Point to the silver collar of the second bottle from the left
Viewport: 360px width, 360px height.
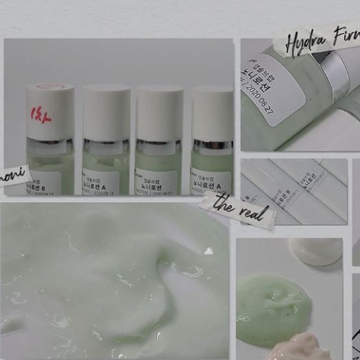[106, 143]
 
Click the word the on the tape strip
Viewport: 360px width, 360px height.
[223, 201]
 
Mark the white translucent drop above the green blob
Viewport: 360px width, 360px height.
[316, 252]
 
